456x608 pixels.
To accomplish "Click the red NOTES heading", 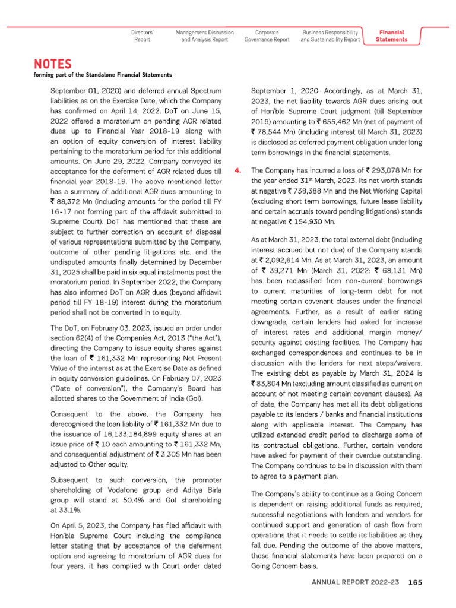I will (x=53, y=64).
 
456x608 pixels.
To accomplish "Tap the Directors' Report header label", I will (x=142, y=36).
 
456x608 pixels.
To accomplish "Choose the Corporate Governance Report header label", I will (x=267, y=36).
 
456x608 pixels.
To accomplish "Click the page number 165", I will (x=414, y=582).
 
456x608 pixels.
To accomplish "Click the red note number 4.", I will (x=238, y=170).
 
